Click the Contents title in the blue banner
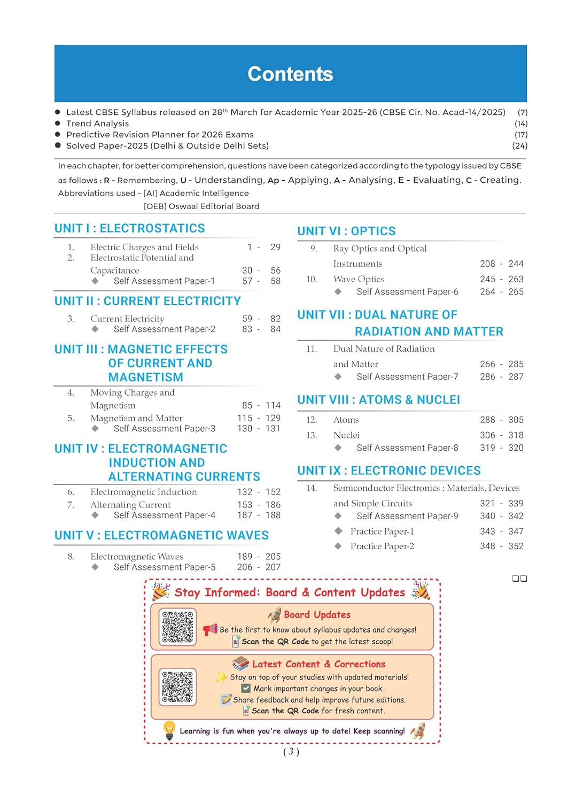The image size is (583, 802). [x=290, y=74]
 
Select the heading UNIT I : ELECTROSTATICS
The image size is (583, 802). [x=129, y=228]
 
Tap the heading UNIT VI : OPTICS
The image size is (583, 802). [x=346, y=231]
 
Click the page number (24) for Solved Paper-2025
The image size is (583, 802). [x=519, y=145]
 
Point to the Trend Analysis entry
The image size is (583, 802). [x=97, y=124]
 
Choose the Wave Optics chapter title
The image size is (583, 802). [x=359, y=279]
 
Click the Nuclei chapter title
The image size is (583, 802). [x=346, y=435]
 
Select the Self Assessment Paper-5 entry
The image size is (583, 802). [x=165, y=567]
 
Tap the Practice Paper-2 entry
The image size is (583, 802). [x=382, y=546]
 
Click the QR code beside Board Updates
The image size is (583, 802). [x=177, y=627]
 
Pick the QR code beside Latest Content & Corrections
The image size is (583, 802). [x=177, y=687]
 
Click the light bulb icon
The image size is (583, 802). [x=169, y=730]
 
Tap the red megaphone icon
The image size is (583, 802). [x=210, y=629]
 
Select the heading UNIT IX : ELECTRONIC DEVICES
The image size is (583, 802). [x=389, y=471]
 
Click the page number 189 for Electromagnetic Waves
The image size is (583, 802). [x=244, y=557]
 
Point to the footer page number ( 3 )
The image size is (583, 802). [x=291, y=752]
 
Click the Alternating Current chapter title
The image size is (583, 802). [x=130, y=505]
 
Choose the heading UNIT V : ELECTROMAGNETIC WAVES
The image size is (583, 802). [x=161, y=535]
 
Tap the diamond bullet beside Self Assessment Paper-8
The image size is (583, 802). [x=338, y=448]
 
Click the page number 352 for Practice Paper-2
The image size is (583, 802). [x=516, y=546]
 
